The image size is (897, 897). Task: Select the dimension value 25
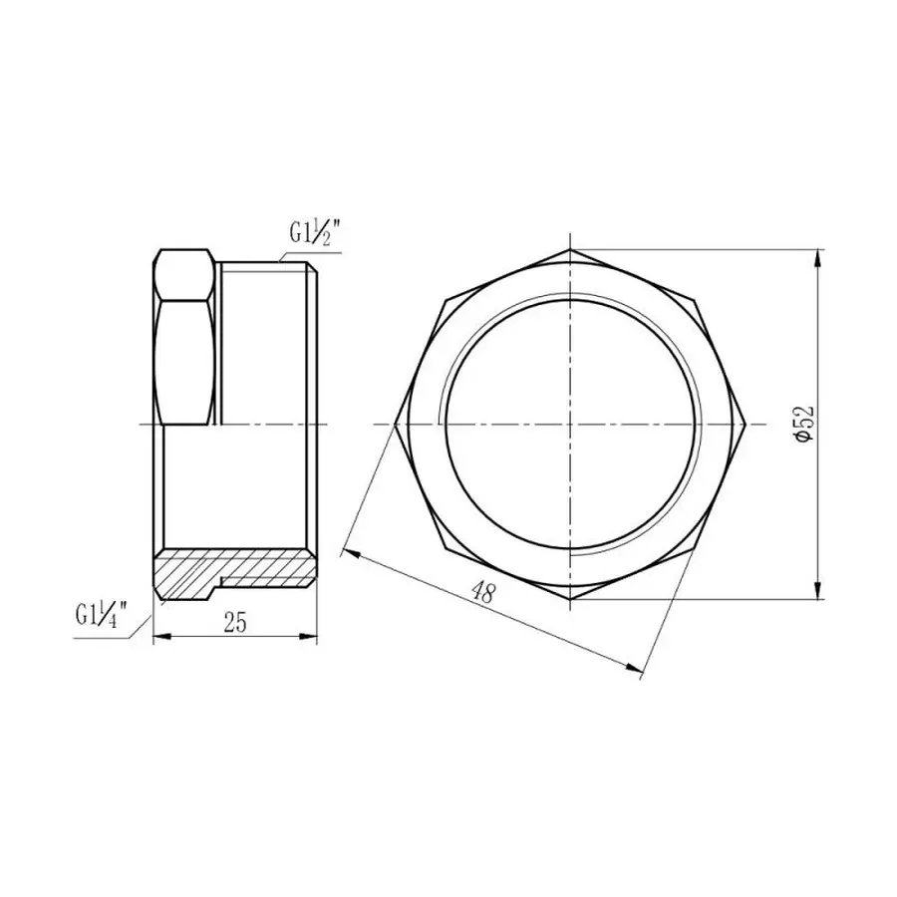(235, 623)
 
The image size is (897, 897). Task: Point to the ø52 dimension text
(805, 426)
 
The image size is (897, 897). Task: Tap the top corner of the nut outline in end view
(572, 249)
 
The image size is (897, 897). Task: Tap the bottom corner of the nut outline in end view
(572, 599)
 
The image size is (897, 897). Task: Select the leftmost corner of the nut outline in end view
(395, 425)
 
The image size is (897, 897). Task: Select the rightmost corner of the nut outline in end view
(748, 425)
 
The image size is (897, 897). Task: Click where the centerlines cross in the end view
(572, 425)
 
